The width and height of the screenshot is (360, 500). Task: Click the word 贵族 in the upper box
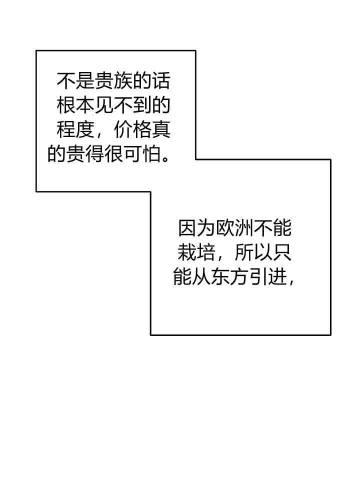coord(113,80)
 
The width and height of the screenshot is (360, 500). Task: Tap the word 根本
coord(75,105)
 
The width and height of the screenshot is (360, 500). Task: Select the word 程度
coord(75,129)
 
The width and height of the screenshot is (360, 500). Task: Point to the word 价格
coord(132,129)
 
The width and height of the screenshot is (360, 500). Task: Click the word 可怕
coord(142,154)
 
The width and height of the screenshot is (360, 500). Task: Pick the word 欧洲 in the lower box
coord(234,228)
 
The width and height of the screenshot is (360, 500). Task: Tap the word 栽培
coord(196,253)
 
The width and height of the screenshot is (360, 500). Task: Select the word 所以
coord(253,253)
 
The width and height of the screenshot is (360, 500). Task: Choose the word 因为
coord(196,228)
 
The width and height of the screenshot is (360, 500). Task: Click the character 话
coord(161,80)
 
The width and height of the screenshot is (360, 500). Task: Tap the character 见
coord(104,105)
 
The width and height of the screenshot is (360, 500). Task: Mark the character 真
coord(161,129)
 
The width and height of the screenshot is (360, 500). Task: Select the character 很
coord(113,154)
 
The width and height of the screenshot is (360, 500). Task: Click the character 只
coord(282,253)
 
